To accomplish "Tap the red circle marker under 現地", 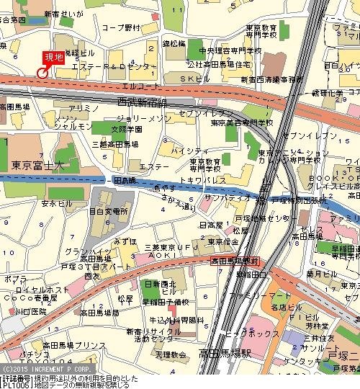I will [x=42, y=72].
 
